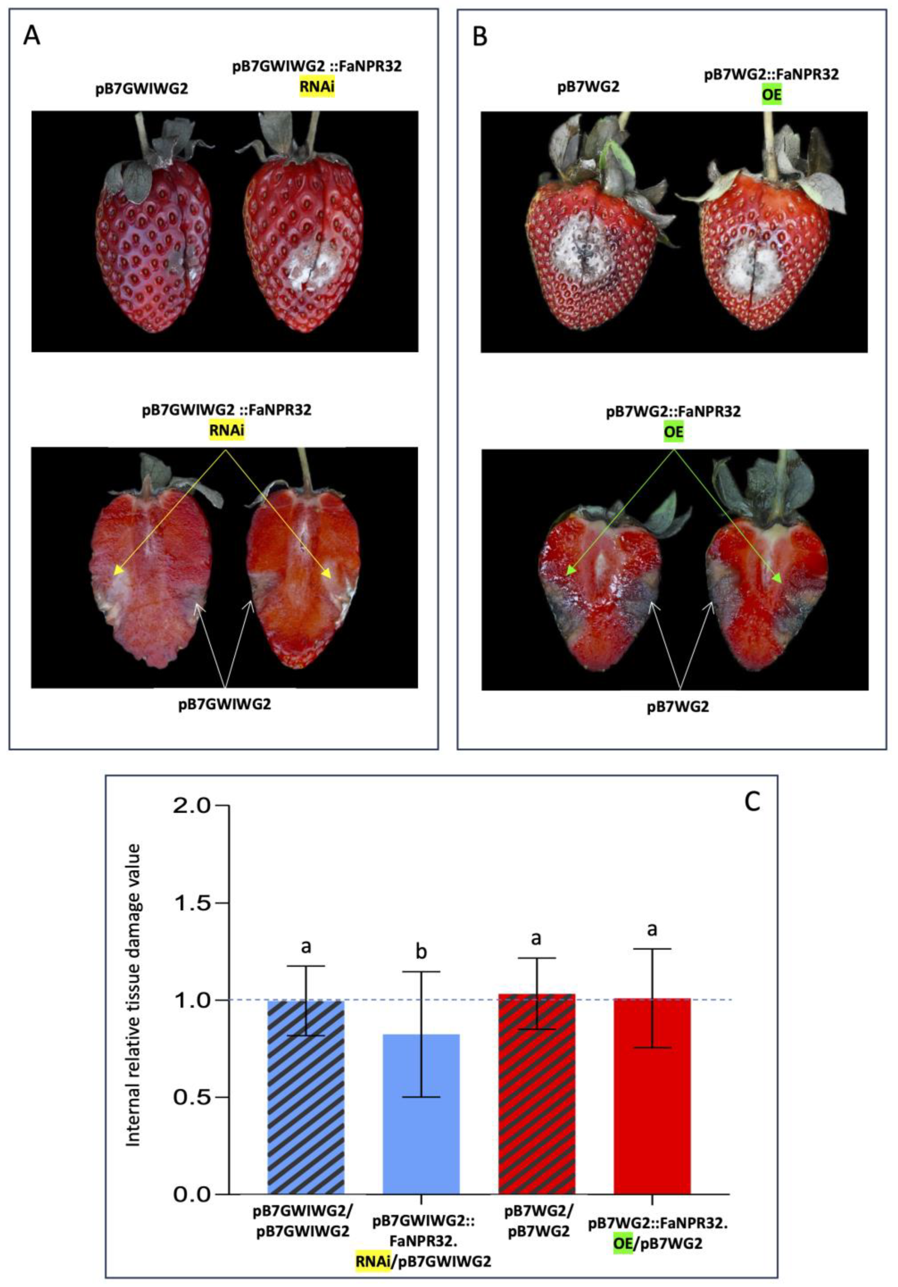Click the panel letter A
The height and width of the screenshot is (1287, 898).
(32, 38)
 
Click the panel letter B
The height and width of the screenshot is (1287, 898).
(480, 38)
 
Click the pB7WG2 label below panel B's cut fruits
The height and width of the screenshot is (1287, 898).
(678, 707)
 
